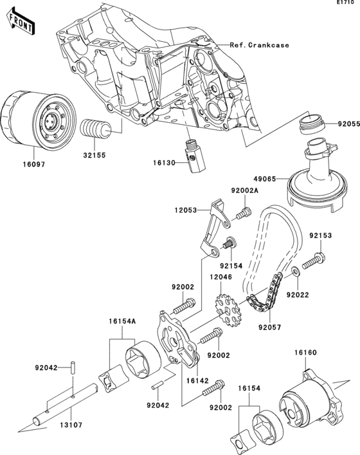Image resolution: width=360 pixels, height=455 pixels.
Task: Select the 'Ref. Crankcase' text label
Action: tap(259, 45)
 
